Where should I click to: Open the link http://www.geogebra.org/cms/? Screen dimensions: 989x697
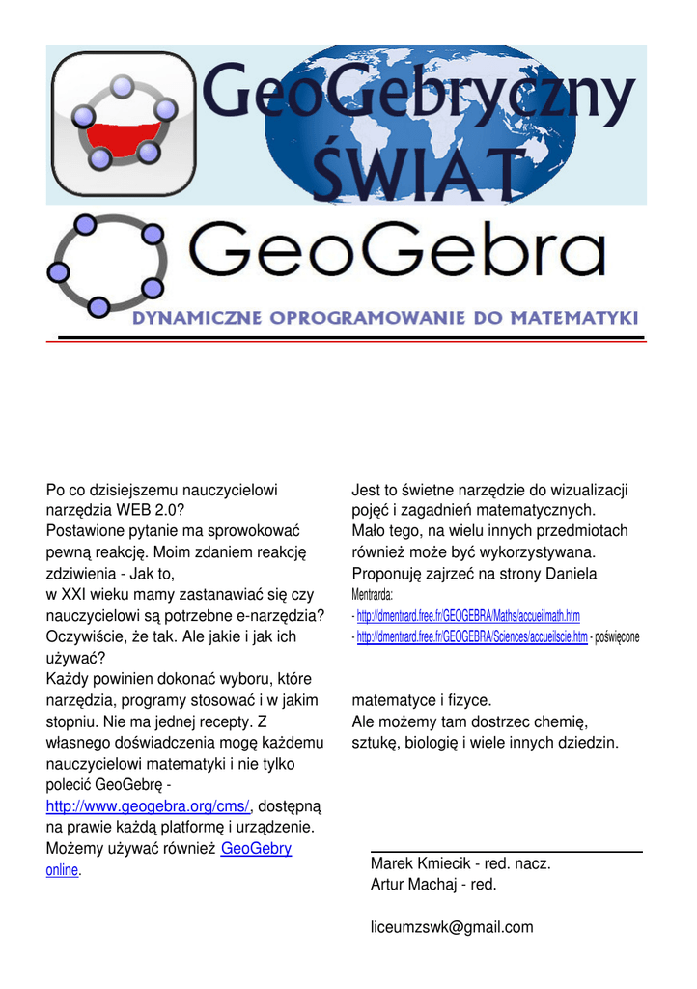[x=148, y=806]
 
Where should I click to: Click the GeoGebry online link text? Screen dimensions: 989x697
[x=256, y=849]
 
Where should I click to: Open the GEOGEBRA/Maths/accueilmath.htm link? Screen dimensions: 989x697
[x=468, y=616]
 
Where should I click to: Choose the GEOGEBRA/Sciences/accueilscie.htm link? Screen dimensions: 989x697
[x=472, y=637]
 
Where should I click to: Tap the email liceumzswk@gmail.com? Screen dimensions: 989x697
[x=452, y=927]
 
